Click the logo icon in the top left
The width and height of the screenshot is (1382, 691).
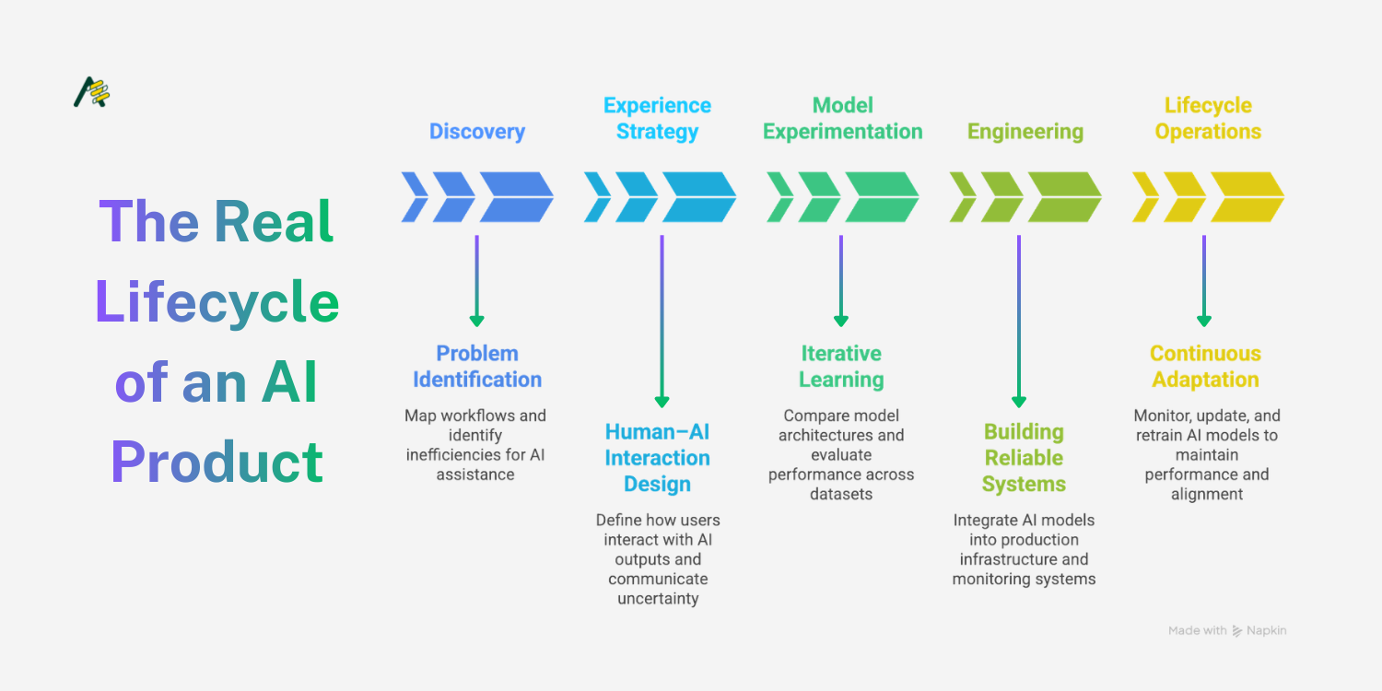tap(91, 93)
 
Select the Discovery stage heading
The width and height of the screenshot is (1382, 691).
tap(477, 132)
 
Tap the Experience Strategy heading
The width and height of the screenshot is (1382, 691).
tap(657, 119)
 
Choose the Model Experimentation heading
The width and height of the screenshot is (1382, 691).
tap(842, 119)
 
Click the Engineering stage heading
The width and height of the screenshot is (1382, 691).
tap(1025, 132)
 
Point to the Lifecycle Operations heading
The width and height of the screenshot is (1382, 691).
tap(1208, 119)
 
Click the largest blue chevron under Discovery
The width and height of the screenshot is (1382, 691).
tap(516, 197)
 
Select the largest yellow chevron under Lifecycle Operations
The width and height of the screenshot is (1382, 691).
tap(1247, 197)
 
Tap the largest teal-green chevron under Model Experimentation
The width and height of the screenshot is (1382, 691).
tap(881, 197)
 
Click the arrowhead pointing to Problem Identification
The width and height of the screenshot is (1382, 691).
tap(476, 321)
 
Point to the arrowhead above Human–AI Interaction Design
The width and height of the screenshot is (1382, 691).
tap(662, 401)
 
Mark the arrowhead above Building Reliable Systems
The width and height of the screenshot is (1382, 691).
tap(1018, 401)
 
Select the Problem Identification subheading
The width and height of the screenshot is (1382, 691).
tap(477, 367)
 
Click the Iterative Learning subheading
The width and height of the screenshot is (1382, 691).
tap(841, 367)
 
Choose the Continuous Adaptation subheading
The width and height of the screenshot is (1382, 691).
tap(1205, 367)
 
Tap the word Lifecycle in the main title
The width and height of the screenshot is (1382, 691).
tap(217, 302)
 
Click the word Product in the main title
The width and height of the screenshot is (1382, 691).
tap(217, 462)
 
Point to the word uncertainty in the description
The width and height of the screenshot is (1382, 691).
tap(658, 599)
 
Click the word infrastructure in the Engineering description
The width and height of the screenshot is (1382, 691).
tap(1024, 559)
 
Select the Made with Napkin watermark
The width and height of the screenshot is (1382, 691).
tap(1227, 631)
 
